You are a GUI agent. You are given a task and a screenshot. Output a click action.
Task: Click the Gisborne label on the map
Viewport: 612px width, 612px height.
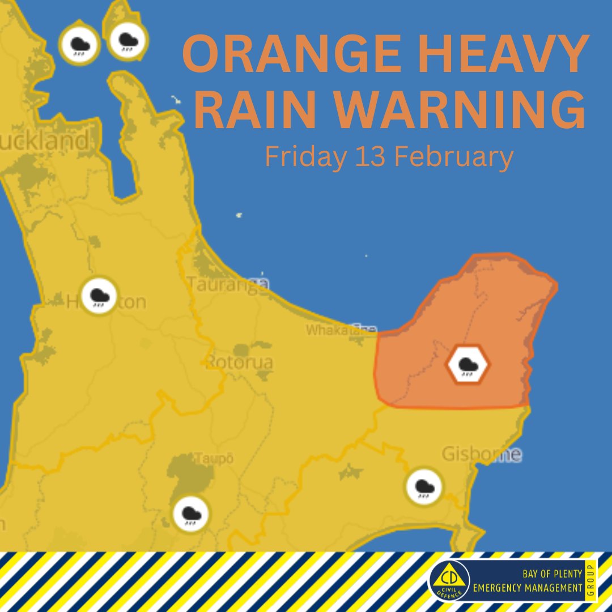point(482,454)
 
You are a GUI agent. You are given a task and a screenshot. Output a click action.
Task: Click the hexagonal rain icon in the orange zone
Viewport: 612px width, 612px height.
point(467,365)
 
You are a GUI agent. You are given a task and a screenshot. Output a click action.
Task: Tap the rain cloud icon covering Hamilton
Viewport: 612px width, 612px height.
point(99,296)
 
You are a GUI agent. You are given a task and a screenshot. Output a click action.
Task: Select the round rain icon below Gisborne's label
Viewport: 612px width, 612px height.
point(424,486)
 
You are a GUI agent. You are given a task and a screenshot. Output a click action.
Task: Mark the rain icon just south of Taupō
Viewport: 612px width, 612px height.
point(192,513)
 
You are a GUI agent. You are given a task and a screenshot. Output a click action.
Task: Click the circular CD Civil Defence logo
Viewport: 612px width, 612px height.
point(449,581)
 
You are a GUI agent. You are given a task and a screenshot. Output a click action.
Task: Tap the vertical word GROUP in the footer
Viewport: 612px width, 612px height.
point(590,580)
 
